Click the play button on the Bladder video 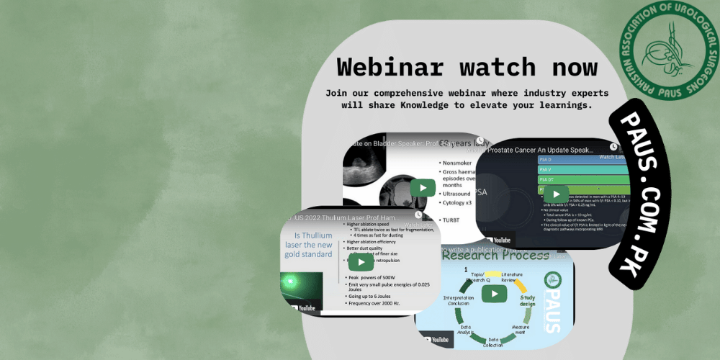pos(423,189)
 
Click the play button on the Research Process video pos(494,294)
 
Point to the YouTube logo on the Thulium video pos(302,308)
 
